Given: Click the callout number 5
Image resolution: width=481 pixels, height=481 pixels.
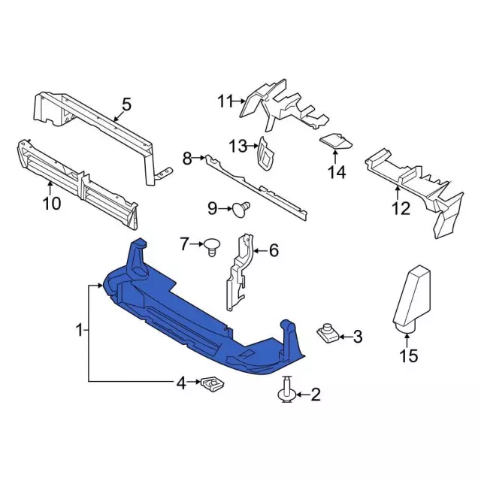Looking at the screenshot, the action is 126,104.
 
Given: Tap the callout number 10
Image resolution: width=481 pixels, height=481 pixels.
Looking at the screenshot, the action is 52,203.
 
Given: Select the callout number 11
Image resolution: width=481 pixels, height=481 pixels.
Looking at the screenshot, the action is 225,101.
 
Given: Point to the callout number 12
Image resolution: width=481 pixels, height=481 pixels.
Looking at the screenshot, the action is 401,209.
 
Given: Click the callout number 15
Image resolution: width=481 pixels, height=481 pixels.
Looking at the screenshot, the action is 409,356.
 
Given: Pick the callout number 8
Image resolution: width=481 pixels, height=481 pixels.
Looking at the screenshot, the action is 187,159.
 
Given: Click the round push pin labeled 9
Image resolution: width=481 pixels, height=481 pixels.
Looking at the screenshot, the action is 241,209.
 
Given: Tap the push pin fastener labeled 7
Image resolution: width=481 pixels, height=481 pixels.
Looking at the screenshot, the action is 212,247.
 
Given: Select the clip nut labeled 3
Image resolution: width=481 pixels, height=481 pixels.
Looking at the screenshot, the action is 328,334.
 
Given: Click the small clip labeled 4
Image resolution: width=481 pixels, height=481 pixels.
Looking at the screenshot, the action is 213,384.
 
